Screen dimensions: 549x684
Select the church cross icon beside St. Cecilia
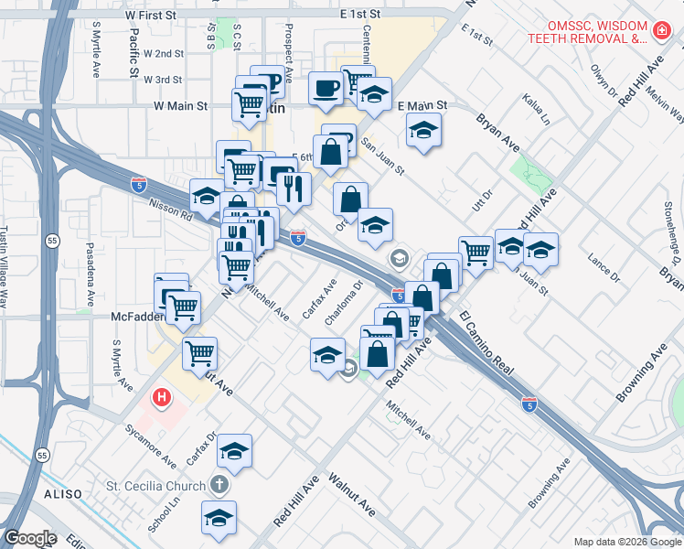click(220, 484)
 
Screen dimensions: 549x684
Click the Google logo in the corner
click(30, 538)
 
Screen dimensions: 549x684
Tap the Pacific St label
click(134, 54)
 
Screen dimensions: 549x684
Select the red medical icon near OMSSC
click(661, 33)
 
